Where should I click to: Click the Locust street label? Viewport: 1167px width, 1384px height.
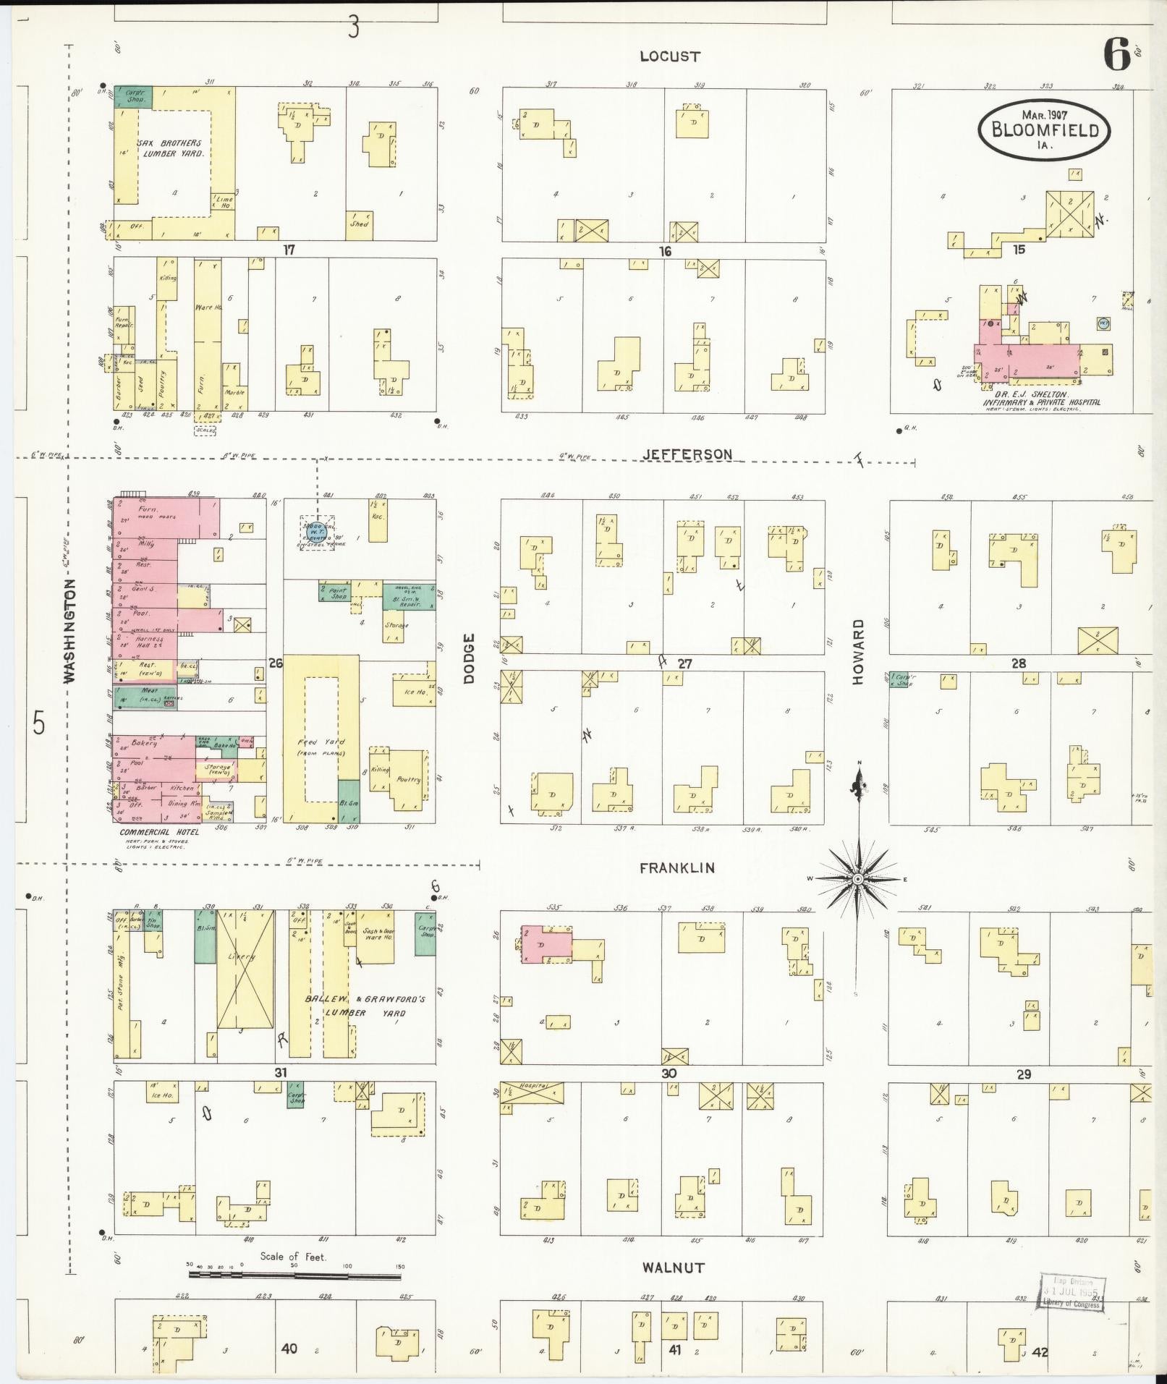click(x=670, y=56)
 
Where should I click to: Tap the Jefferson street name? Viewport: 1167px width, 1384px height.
click(x=687, y=454)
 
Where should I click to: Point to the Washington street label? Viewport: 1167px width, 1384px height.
click(x=70, y=630)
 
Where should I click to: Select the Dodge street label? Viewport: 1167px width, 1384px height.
click(x=469, y=658)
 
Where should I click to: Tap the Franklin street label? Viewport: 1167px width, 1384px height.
click(x=676, y=867)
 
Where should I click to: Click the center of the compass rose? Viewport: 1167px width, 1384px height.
click(x=857, y=879)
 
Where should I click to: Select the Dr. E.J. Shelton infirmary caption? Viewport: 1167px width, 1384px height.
click(x=1042, y=398)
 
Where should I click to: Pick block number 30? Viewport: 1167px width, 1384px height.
click(x=668, y=1074)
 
